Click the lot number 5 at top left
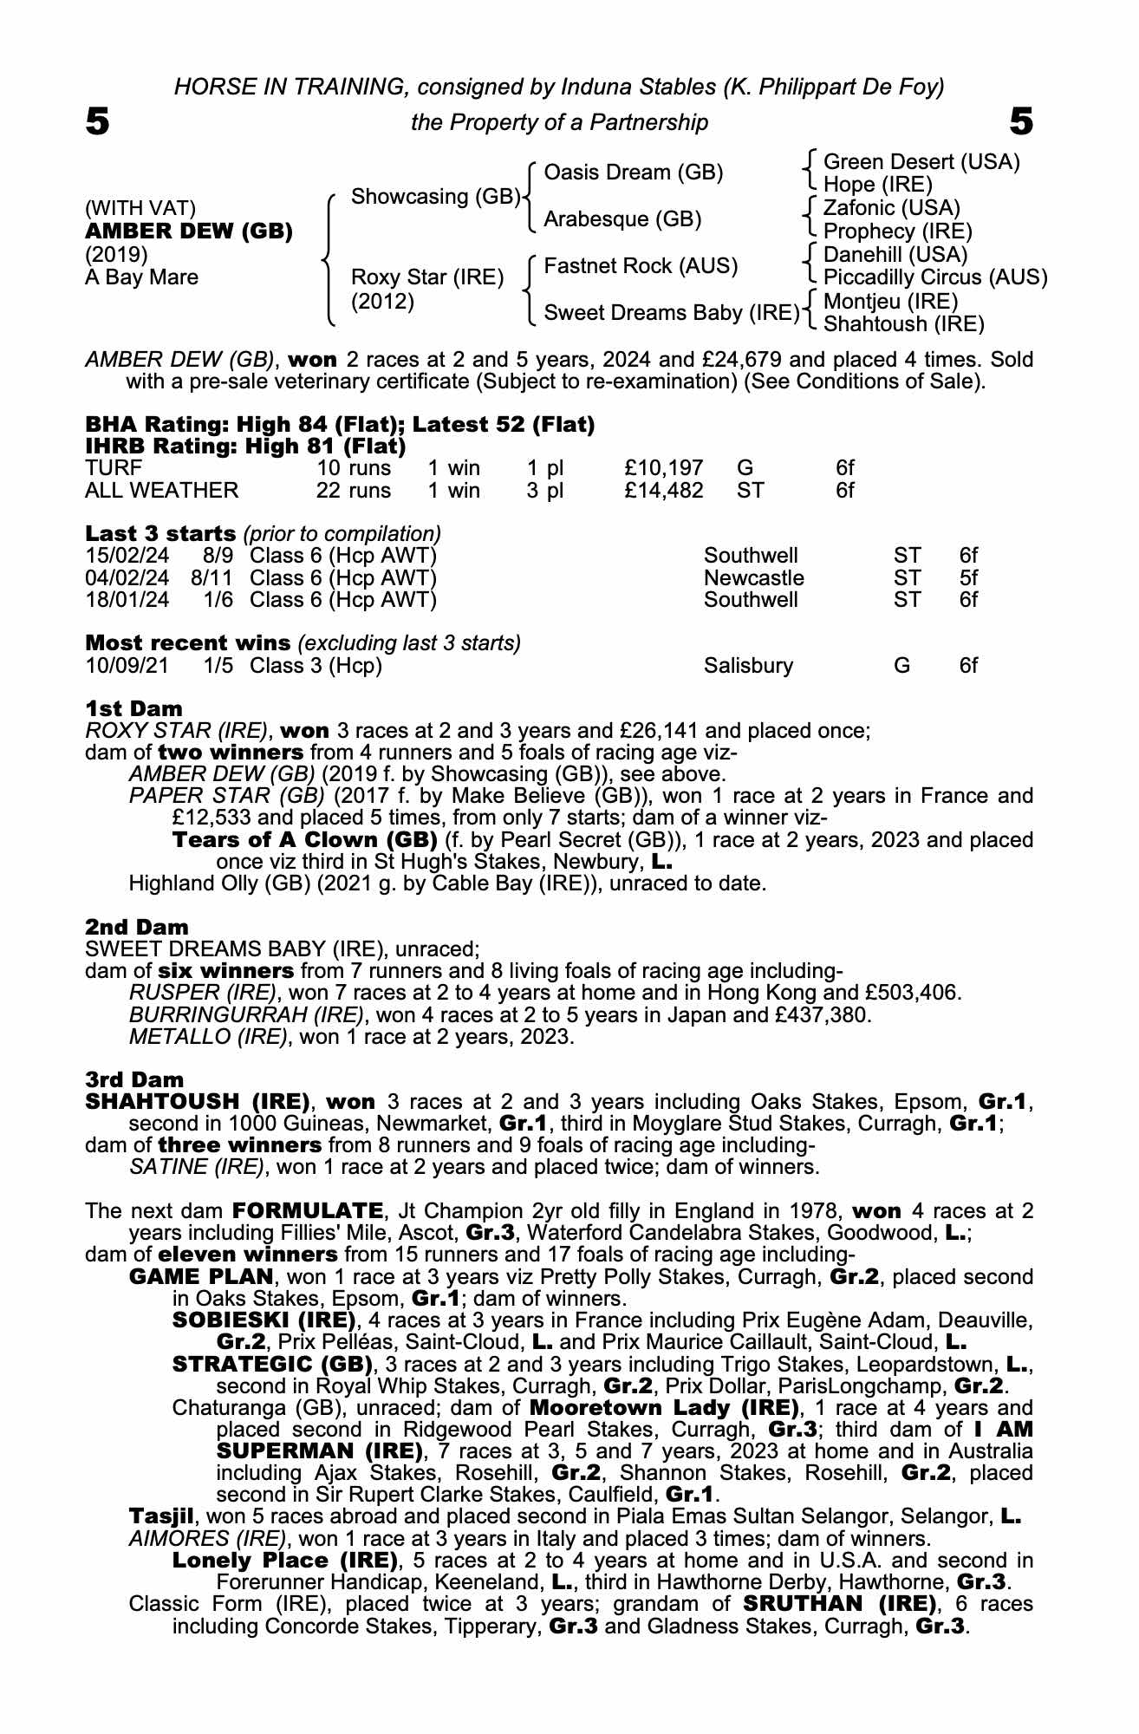[x=97, y=122]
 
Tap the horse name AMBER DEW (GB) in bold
[x=188, y=231]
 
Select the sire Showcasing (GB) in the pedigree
[x=434, y=197]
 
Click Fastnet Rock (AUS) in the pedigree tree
[x=640, y=266]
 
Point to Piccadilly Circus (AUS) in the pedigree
[x=934, y=277]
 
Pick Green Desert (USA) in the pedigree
[x=921, y=162]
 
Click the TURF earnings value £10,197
[x=663, y=469]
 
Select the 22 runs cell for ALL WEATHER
[x=353, y=491]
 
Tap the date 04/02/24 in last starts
[x=127, y=577]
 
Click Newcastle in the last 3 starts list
[x=753, y=577]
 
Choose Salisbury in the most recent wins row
[x=748, y=666]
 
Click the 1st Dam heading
[x=133, y=708]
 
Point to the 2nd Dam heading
[x=136, y=927]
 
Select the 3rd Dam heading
[x=134, y=1079]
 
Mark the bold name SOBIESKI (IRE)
[x=264, y=1320]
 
